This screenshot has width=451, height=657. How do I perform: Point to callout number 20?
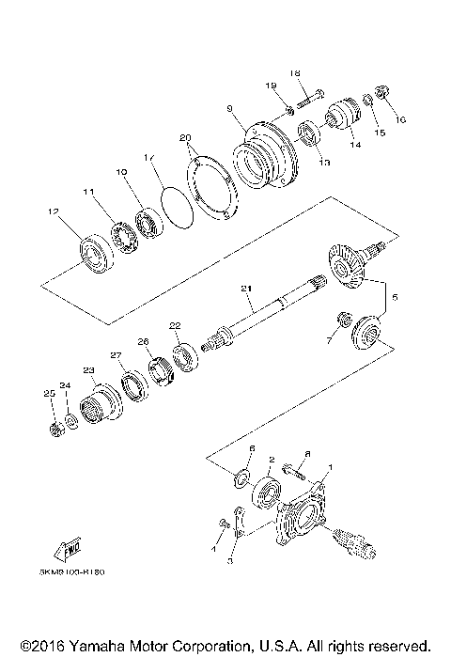[184, 137]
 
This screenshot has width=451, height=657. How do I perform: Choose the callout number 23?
[89, 370]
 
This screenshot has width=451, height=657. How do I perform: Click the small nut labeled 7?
[342, 320]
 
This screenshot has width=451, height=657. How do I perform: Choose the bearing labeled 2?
[268, 490]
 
